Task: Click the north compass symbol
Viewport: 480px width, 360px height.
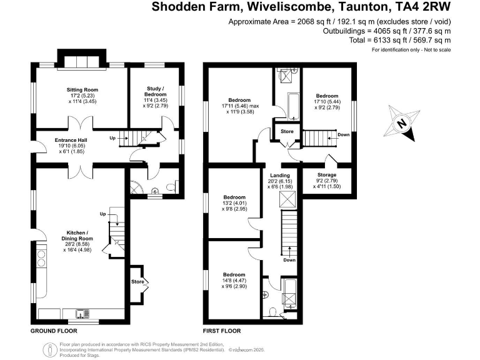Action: pos(402,123)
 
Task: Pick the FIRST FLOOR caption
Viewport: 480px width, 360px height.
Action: pos(222,331)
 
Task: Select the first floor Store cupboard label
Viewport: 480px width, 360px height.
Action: pos(287,132)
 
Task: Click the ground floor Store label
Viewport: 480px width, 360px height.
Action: pos(138,282)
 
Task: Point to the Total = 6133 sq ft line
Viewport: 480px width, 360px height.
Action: pos(400,39)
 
